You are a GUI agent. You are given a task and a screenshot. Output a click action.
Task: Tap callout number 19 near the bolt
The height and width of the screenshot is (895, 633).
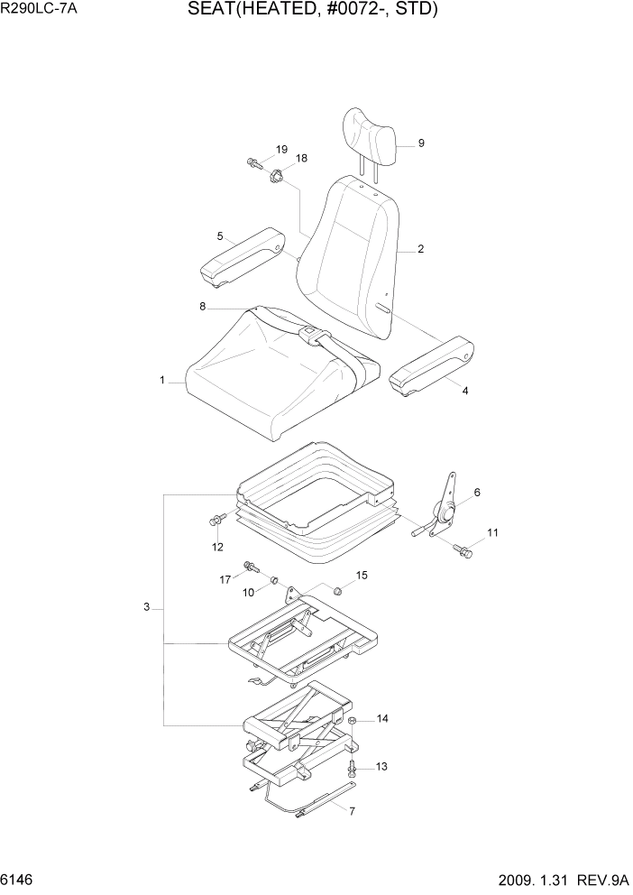click(x=281, y=149)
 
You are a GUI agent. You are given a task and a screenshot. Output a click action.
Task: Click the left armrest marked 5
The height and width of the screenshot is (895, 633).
click(x=243, y=257)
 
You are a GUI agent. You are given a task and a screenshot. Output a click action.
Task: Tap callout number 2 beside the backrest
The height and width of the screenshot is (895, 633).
click(x=420, y=249)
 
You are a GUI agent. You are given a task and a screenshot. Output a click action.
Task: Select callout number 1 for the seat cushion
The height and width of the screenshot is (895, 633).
click(x=162, y=381)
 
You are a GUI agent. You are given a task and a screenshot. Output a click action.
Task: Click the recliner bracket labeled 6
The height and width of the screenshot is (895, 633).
click(x=444, y=510)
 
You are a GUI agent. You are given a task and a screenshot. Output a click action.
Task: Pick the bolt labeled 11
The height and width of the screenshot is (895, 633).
click(x=464, y=549)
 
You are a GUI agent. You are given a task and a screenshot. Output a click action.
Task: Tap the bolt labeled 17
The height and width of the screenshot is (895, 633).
click(x=250, y=567)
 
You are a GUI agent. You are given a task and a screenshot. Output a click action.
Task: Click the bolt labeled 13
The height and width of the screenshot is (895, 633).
click(x=353, y=768)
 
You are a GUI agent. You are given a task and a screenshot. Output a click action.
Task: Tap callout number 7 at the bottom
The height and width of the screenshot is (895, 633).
click(x=352, y=811)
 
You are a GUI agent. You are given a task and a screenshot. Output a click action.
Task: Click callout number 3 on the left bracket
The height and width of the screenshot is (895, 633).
click(x=146, y=608)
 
